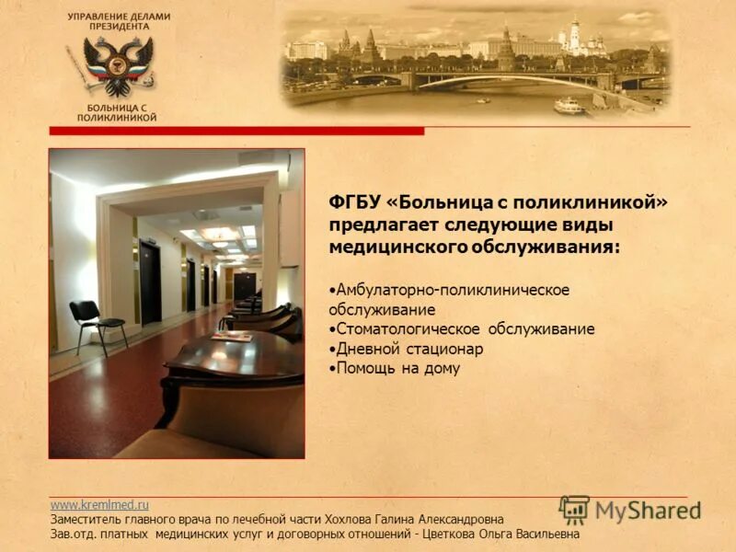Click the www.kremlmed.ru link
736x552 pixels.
point(98,505)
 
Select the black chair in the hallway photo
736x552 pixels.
point(95,323)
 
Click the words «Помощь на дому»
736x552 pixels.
point(397,369)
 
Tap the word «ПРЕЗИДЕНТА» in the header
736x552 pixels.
point(118,27)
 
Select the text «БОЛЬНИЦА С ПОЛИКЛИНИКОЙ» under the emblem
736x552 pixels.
point(117,113)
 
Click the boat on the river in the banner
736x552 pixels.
point(569,105)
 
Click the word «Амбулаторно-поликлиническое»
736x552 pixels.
point(452,290)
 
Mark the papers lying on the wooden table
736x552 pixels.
point(231,337)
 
